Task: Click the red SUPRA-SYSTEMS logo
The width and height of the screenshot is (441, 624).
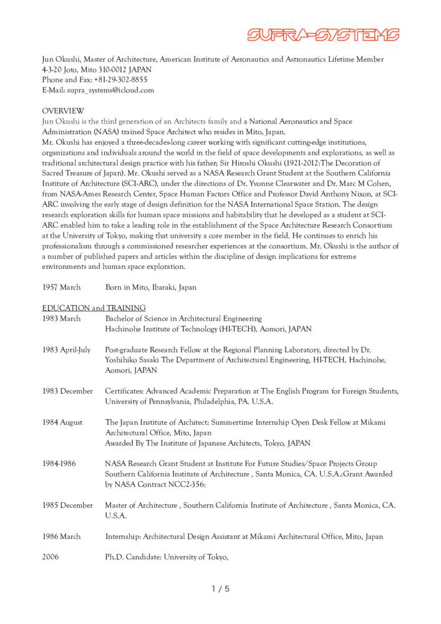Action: click(x=323, y=35)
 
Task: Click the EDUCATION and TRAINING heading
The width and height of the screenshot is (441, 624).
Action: click(x=94, y=308)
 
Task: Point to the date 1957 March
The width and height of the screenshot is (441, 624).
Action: click(x=62, y=288)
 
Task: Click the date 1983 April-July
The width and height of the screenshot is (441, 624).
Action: click(x=66, y=349)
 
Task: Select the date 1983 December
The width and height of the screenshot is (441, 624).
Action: click(x=67, y=391)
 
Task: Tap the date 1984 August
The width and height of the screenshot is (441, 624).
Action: click(x=62, y=422)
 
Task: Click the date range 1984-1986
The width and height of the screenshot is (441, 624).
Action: click(x=59, y=464)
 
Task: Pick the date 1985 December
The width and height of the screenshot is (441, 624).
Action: click(x=67, y=505)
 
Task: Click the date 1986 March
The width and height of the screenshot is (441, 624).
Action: click(x=61, y=537)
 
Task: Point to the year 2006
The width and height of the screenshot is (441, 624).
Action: click(x=51, y=557)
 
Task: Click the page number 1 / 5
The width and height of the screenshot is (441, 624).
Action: click(x=221, y=588)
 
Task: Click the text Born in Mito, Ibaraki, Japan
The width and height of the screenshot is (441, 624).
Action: click(x=151, y=288)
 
